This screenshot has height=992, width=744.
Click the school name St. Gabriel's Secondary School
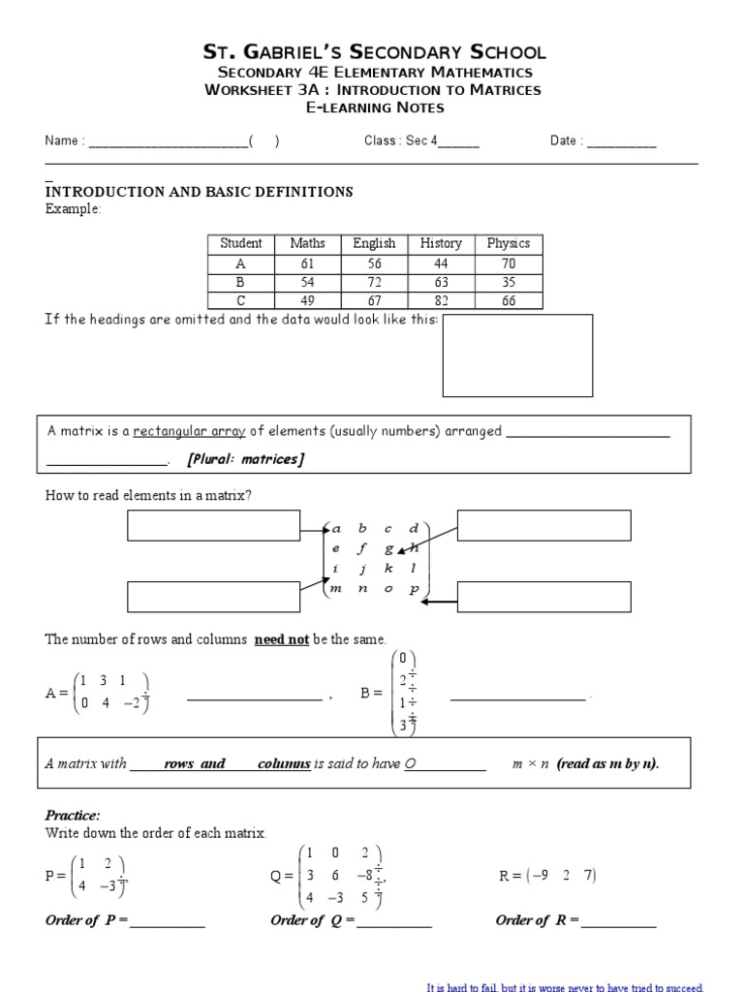point(373,52)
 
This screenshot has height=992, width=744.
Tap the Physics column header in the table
point(508,243)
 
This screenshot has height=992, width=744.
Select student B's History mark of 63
point(441,281)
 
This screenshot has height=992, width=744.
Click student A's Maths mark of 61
point(307,263)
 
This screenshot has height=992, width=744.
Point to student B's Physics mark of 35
point(508,281)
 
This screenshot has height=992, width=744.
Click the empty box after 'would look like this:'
point(517,356)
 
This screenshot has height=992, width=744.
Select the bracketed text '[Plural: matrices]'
point(245,459)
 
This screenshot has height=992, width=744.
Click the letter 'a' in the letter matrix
point(337,529)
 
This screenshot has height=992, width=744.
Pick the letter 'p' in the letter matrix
point(414,589)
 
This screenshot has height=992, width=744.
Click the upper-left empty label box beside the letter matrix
point(214,526)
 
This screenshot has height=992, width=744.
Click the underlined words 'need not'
point(281,639)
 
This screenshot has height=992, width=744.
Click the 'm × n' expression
point(531,763)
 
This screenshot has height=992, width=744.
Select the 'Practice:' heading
point(73,815)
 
